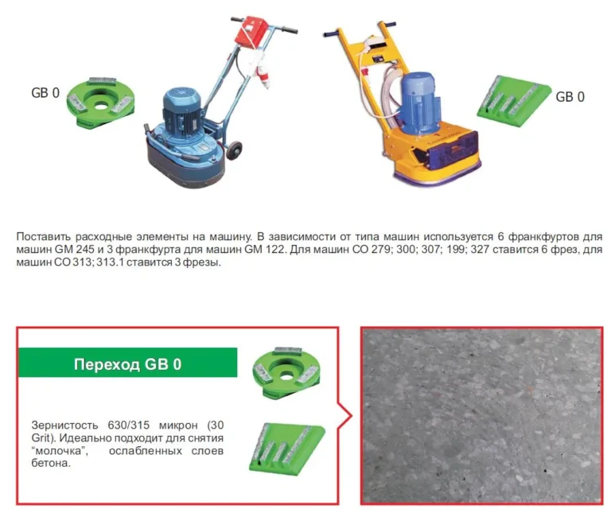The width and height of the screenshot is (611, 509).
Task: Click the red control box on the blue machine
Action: [x=251, y=29]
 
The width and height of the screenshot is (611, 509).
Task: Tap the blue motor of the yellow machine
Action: [x=420, y=103]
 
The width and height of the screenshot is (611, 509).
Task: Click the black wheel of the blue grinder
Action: [x=234, y=151]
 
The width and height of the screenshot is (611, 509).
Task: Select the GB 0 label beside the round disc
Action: [x=45, y=93]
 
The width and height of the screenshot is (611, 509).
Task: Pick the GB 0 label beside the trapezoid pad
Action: [x=570, y=96]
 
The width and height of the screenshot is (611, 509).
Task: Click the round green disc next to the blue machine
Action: [x=101, y=102]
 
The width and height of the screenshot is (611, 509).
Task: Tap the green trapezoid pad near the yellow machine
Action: [x=514, y=101]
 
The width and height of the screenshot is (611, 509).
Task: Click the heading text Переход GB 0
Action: [x=127, y=364]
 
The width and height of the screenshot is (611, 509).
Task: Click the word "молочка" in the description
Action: [x=60, y=451]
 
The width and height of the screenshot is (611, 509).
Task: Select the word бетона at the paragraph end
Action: [x=51, y=463]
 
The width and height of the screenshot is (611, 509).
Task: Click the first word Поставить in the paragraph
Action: [x=44, y=236]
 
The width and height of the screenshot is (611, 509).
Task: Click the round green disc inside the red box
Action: [x=286, y=372]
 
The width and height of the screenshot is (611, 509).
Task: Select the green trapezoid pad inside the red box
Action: [x=286, y=449]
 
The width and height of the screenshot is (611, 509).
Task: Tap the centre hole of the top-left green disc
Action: [x=101, y=104]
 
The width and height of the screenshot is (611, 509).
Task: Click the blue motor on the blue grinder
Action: [x=182, y=108]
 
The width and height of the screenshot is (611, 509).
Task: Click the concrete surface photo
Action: [x=481, y=415]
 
